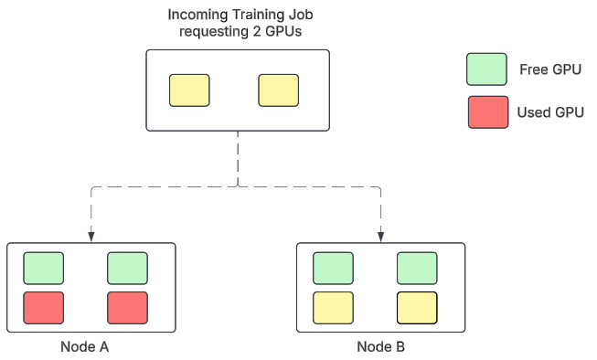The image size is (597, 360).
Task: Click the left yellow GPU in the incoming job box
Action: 189,90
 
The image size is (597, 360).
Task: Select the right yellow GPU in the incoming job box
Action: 279,90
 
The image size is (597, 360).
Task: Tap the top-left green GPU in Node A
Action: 44,268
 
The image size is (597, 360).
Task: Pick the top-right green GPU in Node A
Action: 127,268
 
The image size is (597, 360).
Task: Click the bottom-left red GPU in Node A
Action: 44,308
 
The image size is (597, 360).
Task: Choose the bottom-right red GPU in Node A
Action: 127,308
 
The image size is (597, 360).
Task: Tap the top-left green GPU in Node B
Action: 333,268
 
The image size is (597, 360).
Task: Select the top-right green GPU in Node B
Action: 417,268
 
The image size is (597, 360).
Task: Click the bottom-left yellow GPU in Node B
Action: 333,308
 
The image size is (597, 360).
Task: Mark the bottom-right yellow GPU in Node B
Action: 417,308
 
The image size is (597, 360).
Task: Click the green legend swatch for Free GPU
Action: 486,69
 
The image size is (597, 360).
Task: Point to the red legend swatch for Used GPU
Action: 486,111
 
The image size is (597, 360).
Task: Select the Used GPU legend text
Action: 550,112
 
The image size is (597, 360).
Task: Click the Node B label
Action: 380,347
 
